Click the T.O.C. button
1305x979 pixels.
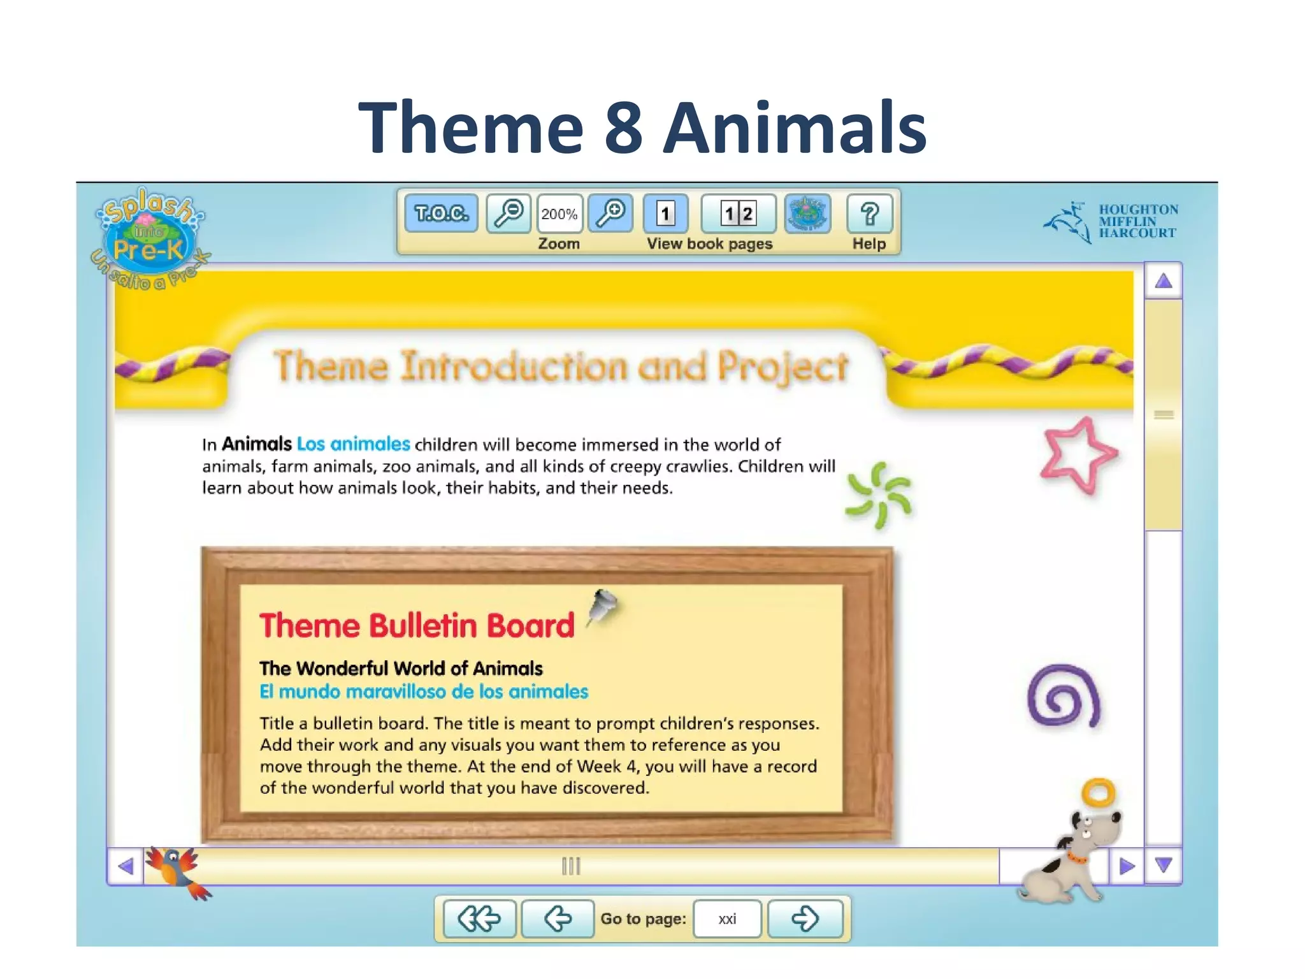click(x=441, y=213)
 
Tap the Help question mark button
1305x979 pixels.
click(x=870, y=214)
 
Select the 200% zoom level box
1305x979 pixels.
click(x=559, y=214)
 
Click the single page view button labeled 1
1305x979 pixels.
click(x=666, y=213)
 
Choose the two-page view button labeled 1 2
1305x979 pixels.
click(x=739, y=213)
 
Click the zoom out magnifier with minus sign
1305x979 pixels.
click(x=508, y=213)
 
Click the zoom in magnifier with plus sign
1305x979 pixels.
click(x=610, y=213)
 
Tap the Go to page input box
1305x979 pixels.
click(x=727, y=918)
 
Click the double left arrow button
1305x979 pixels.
click(x=479, y=918)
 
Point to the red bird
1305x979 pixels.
click(x=177, y=870)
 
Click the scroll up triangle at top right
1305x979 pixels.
click(x=1164, y=281)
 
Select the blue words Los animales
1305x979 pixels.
click(x=354, y=444)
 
